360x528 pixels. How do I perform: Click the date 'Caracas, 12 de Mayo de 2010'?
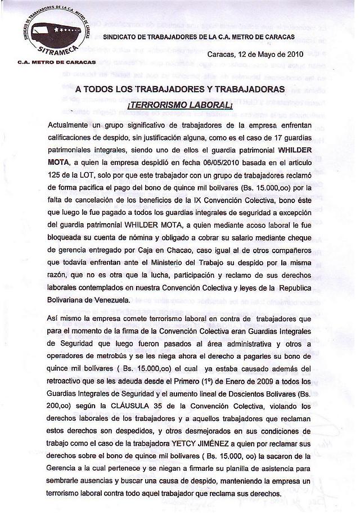(x=255, y=55)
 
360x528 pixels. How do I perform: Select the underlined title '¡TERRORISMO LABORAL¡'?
(x=180, y=105)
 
